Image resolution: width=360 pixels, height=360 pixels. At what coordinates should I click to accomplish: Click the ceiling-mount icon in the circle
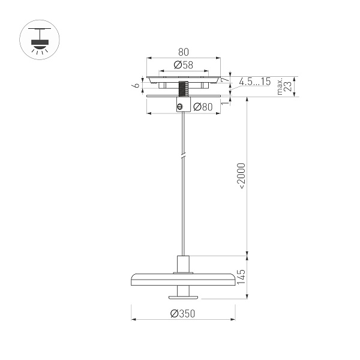coord(41,40)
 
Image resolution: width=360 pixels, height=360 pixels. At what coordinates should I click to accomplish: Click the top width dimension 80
coord(184,52)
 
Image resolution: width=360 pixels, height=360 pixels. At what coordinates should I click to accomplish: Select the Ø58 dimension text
coord(183,65)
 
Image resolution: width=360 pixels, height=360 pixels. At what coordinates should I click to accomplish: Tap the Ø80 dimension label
coord(203,107)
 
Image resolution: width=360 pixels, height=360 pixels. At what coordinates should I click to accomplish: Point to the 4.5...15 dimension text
coord(254,81)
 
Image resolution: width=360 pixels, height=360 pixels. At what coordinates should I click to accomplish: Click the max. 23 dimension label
coord(284,87)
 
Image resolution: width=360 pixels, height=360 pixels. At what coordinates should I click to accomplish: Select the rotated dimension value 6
coord(137,85)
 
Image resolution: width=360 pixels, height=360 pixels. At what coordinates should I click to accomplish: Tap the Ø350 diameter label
coord(183,313)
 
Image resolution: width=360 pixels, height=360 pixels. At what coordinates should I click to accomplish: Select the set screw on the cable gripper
coord(179,106)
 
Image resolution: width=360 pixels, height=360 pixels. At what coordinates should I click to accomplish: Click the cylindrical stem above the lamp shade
coord(184,263)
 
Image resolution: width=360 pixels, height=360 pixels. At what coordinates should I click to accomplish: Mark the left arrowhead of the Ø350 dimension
coord(134,319)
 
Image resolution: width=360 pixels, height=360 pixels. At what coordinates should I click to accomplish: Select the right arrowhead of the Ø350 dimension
coord(233,319)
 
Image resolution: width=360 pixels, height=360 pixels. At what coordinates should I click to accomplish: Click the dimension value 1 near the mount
coord(223,103)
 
